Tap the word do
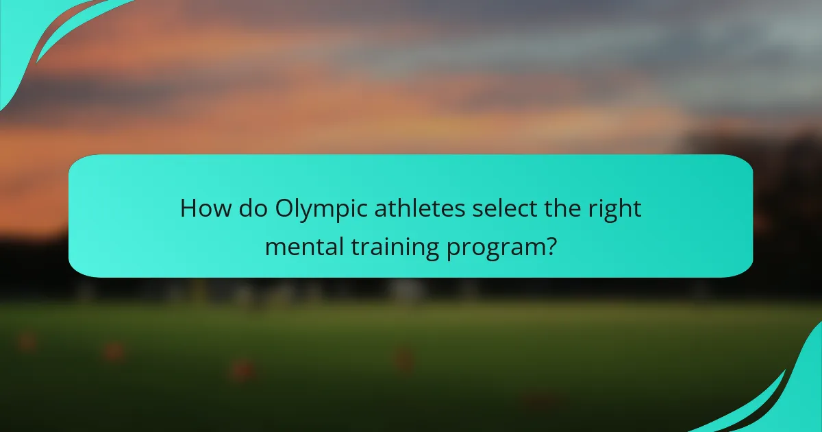click(252, 208)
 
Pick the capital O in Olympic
click(285, 208)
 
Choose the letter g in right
click(610, 212)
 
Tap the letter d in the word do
click(245, 208)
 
